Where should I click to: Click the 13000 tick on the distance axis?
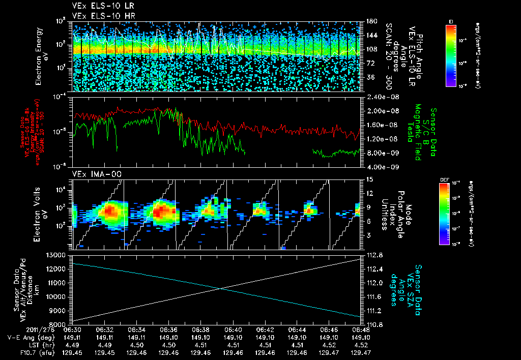[x=57, y=255]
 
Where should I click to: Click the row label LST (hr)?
[x=49, y=344]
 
